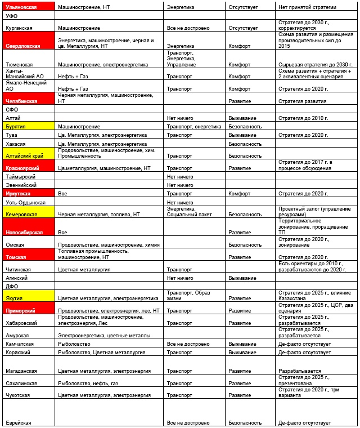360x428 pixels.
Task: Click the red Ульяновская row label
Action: click(x=28, y=7)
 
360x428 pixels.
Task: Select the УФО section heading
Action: click(x=12, y=16)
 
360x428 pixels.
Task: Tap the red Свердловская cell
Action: click(x=28, y=42)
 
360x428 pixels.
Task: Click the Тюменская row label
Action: click(x=19, y=65)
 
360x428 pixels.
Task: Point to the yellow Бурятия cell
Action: click(x=28, y=127)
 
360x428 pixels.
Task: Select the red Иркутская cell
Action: click(x=28, y=193)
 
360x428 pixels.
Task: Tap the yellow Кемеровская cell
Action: click(x=28, y=212)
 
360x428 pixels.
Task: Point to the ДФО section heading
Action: click(x=12, y=286)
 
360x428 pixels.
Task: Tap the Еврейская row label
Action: click(x=18, y=422)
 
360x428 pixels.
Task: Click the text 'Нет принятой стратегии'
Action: click(x=308, y=7)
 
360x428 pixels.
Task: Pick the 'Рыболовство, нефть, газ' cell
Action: click(x=87, y=383)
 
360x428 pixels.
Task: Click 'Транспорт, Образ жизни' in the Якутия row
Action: click(x=188, y=295)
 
